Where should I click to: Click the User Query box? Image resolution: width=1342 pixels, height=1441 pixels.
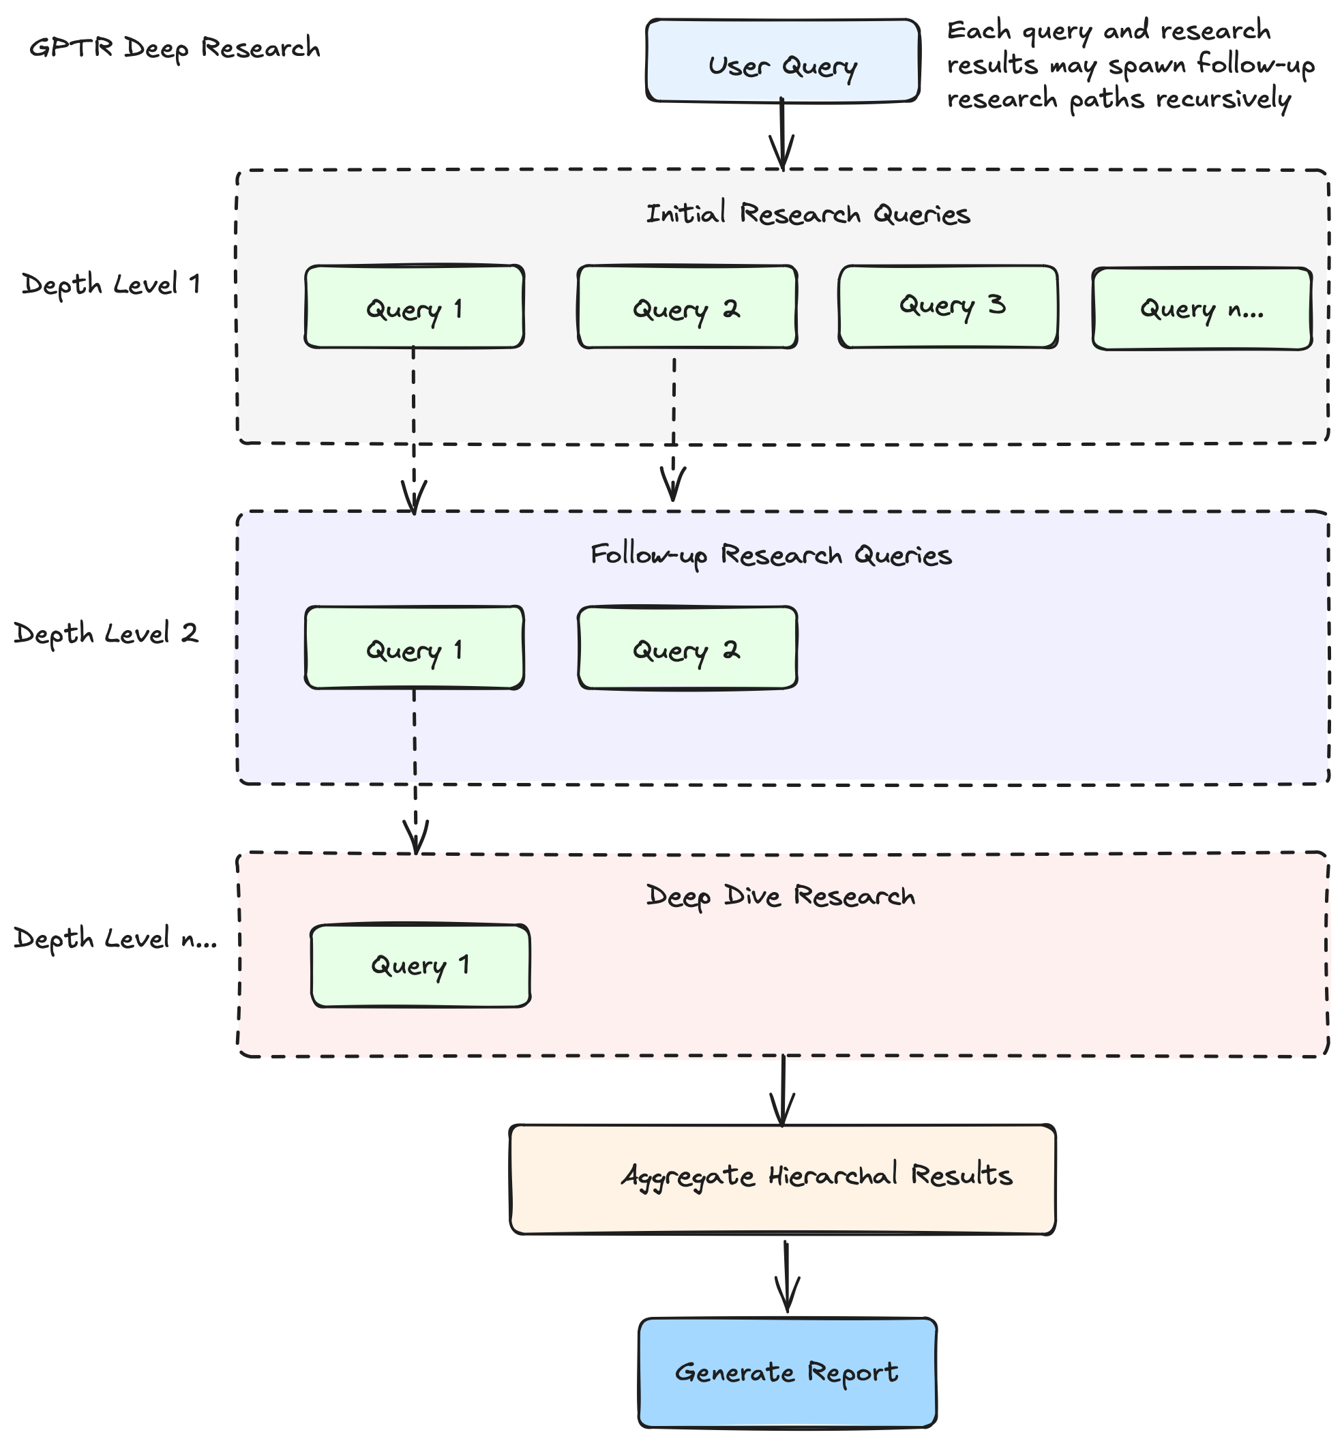pos(782,61)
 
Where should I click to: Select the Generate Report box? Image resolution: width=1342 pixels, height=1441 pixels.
pos(787,1371)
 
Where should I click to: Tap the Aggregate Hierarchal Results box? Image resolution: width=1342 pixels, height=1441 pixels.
pos(782,1178)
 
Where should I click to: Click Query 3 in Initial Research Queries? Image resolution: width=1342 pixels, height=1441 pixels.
pos(947,306)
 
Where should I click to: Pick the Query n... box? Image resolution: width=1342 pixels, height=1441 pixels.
pos(1202,310)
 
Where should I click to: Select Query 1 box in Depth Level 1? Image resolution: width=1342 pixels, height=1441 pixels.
pos(414,307)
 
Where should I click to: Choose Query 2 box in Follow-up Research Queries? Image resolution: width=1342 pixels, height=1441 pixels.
pos(687,647)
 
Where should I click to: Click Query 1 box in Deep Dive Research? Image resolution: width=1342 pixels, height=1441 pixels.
pos(420,965)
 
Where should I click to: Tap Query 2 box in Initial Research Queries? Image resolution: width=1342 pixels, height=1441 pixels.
pos(687,307)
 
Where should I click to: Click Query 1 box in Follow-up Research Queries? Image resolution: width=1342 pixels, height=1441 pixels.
pos(414,647)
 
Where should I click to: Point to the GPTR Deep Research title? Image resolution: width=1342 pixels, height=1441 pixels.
pos(175,48)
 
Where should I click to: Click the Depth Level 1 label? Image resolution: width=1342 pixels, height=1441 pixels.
pos(111,284)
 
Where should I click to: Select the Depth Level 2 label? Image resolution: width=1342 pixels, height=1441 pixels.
pos(106,633)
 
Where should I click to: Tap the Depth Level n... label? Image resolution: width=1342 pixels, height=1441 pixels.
pos(115,938)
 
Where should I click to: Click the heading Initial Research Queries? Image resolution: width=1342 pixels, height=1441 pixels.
pos(807,214)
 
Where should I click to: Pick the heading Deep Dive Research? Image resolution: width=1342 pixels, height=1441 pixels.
pos(780,896)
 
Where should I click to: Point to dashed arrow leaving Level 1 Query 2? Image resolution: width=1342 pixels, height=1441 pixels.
pos(673,428)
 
